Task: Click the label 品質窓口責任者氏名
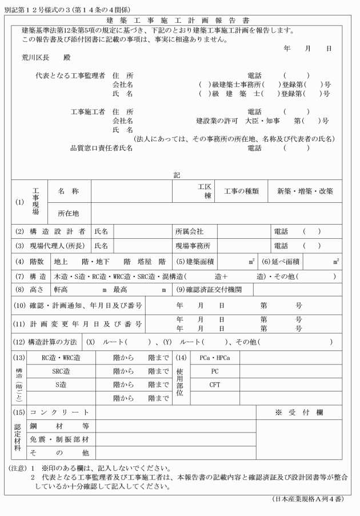[102, 148]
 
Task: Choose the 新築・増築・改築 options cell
[305, 191]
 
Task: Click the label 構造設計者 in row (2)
[57, 231]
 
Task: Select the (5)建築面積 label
[195, 261]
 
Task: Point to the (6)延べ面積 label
[280, 261]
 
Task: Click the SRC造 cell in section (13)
[61, 371]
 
